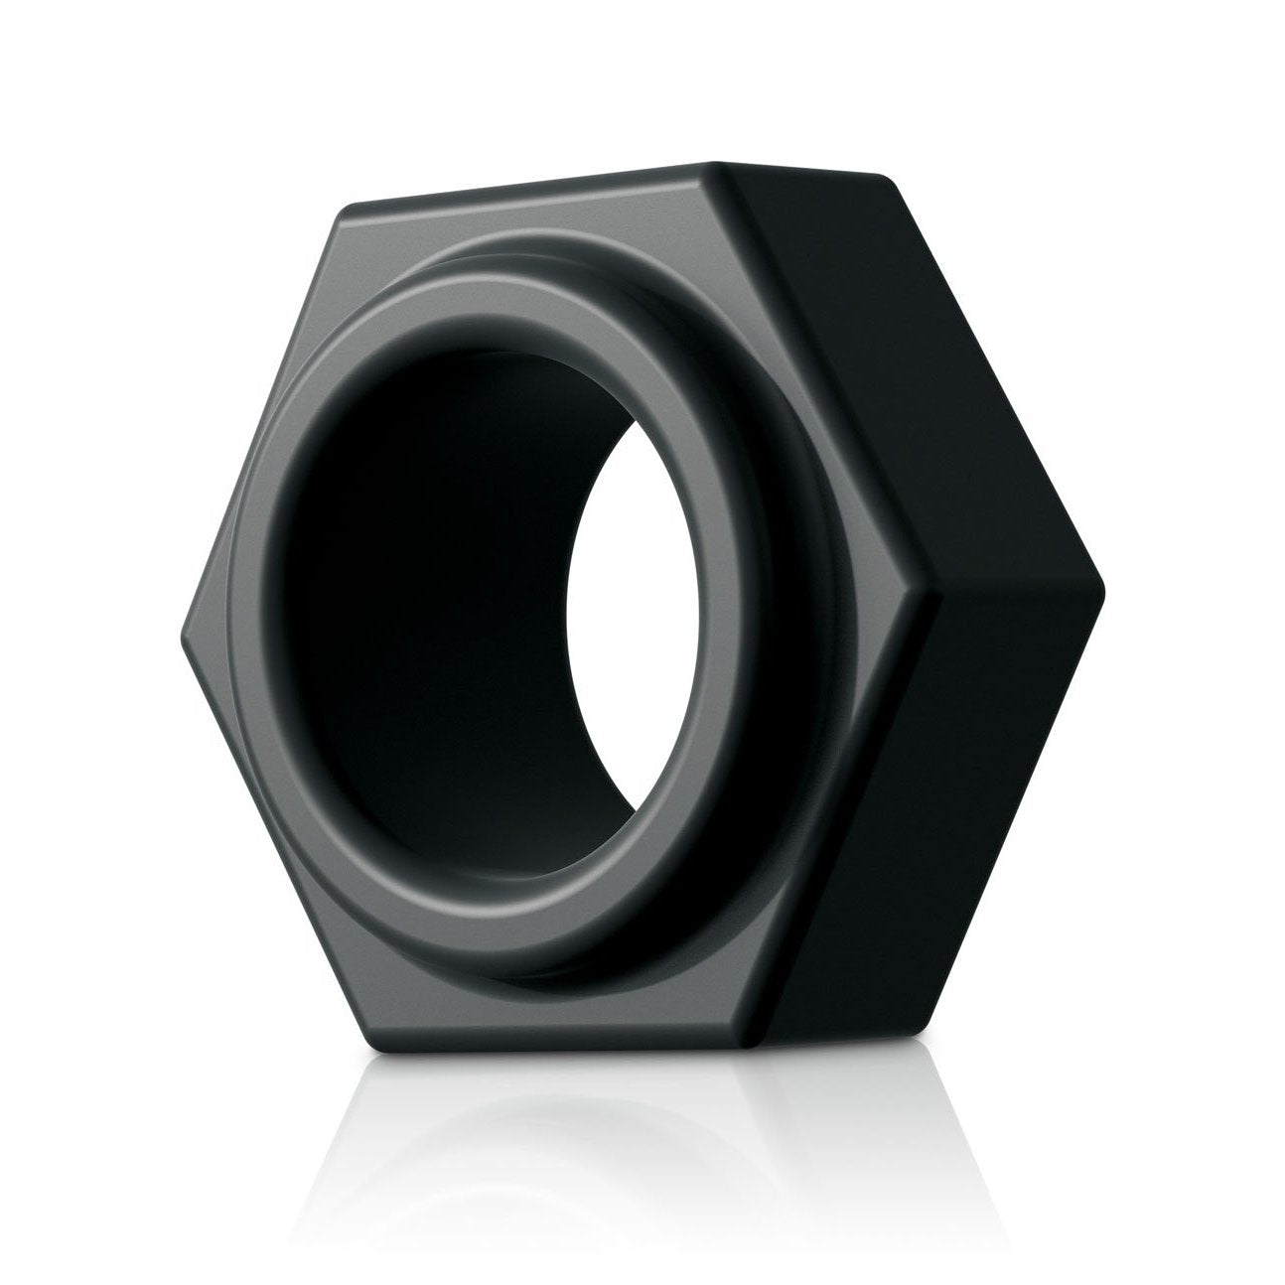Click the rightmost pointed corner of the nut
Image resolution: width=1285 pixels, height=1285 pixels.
[x=1102, y=576]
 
